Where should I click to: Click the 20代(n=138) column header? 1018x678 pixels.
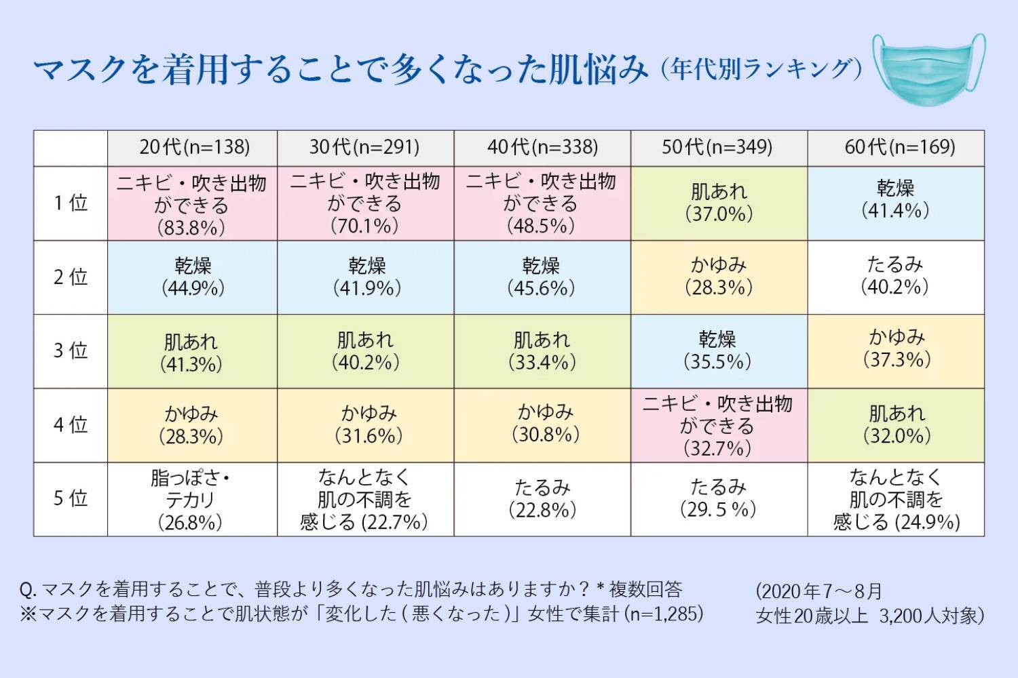click(193, 147)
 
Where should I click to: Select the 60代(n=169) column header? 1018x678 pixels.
click(896, 147)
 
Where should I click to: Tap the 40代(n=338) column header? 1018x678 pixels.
click(542, 147)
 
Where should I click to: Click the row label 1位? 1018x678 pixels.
click(71, 203)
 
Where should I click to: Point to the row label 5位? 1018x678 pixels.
click(71, 499)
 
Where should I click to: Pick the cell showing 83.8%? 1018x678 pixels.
click(193, 203)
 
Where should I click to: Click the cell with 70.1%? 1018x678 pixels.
click(366, 203)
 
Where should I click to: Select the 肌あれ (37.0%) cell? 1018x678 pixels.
click(719, 203)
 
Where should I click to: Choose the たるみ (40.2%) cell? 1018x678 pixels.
click(896, 276)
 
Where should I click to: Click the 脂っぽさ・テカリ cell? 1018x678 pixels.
click(193, 500)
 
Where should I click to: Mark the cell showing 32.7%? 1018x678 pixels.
click(719, 426)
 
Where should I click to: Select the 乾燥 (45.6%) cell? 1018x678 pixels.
click(542, 277)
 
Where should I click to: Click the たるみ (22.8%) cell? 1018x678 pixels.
click(542, 498)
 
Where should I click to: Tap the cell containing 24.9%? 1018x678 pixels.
click(896, 500)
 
